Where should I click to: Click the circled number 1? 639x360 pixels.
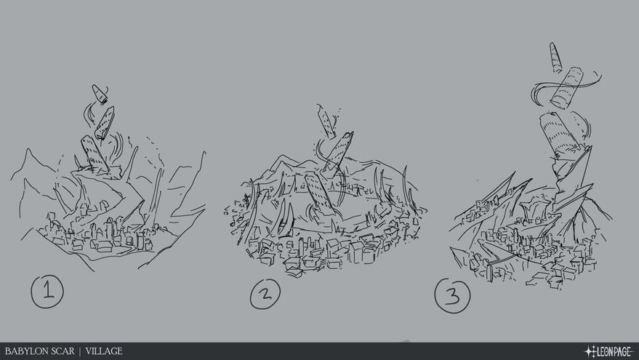point(47,292)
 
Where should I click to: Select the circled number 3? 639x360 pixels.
point(452,297)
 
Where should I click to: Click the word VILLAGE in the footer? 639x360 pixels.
point(104,351)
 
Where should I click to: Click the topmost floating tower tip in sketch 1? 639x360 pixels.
point(99,93)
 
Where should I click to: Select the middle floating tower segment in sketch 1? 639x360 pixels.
point(105,122)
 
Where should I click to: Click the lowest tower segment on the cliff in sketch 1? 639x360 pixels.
point(93,153)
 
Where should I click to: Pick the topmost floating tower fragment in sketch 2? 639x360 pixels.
point(326,121)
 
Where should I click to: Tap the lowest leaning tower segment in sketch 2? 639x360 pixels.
point(318,193)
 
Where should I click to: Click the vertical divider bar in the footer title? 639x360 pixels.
point(79,351)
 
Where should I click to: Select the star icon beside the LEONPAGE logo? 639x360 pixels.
point(589,351)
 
